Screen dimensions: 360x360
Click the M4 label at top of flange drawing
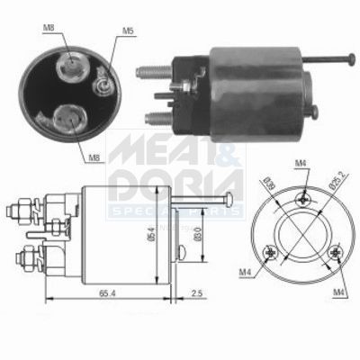(304, 163)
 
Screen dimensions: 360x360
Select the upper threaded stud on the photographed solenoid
(151, 68)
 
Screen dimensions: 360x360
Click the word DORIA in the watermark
(179, 185)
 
